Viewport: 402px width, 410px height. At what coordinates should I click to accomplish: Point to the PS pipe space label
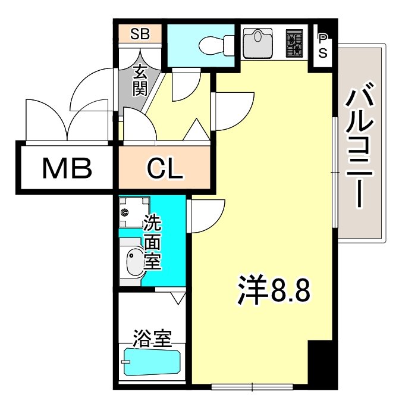pos(324,45)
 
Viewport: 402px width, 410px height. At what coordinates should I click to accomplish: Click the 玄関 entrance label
pos(140,82)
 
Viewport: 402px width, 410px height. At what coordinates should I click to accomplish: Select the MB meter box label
pos(67,168)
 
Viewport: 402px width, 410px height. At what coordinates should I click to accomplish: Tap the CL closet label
pos(164,168)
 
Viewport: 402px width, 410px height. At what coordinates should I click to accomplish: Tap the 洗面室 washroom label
pos(153,244)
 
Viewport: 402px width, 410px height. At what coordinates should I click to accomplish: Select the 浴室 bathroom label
pos(153,339)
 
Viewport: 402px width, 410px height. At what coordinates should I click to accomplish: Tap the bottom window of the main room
pos(253,387)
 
